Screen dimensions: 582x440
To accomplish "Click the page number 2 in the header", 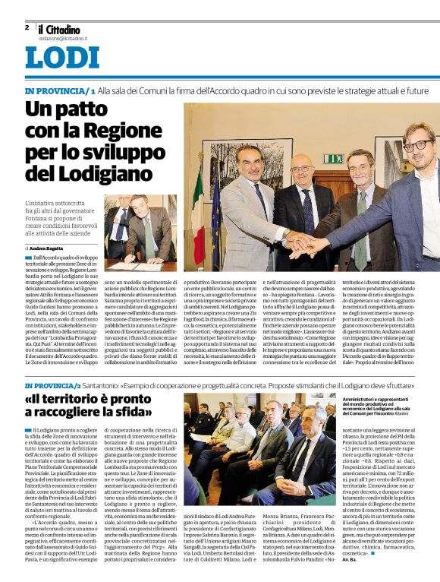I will point(27,27).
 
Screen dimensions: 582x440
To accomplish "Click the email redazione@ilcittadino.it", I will point(63,37).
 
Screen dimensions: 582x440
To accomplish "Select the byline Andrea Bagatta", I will point(47,248).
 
